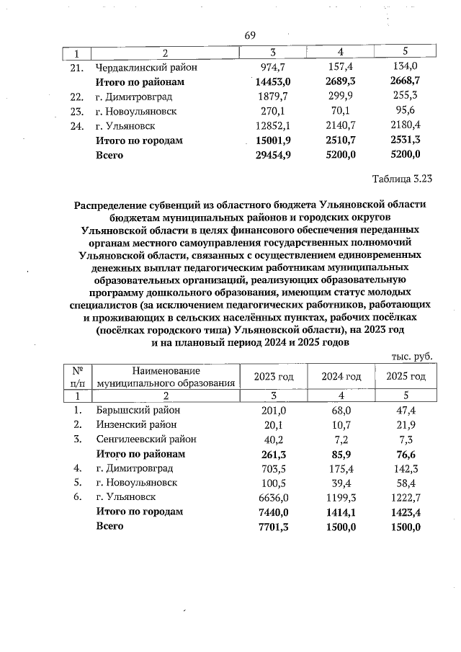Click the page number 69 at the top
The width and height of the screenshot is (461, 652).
click(251, 36)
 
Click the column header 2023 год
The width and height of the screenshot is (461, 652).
click(274, 377)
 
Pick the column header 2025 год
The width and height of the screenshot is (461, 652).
click(406, 377)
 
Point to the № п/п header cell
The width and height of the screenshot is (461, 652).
click(78, 377)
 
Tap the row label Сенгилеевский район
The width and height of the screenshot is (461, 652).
click(146, 439)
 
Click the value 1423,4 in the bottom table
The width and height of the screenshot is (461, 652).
click(406, 512)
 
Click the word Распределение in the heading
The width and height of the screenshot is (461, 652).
click(115, 205)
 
